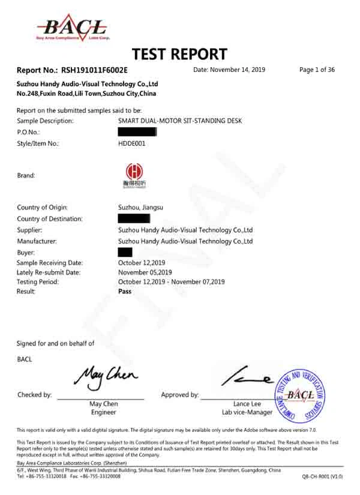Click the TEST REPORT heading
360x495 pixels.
(179, 55)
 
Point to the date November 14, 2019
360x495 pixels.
(229, 70)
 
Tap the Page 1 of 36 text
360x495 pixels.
(317, 70)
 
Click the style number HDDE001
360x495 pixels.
(132, 143)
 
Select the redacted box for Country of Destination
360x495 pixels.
(134, 218)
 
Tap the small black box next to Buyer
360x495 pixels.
(125, 252)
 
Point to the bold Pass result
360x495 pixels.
(125, 291)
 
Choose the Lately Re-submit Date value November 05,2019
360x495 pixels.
(147, 272)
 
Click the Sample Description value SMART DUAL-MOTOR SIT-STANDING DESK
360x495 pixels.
(180, 121)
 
